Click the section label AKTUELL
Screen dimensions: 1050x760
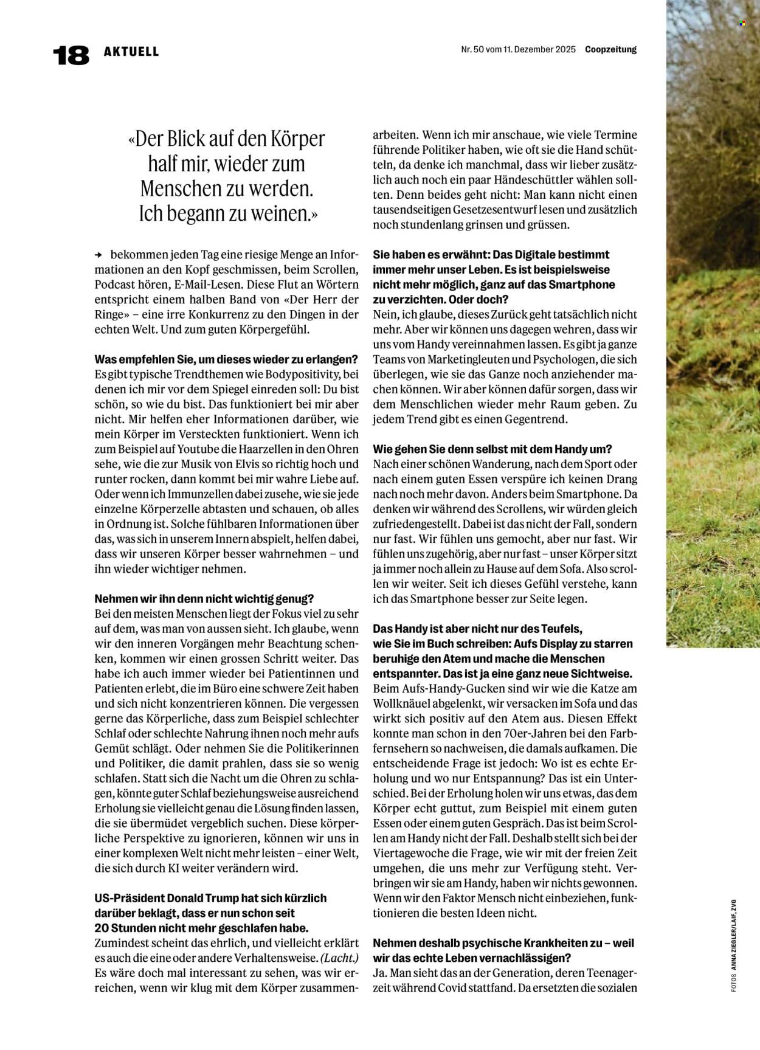(x=131, y=52)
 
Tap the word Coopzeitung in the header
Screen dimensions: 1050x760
(x=610, y=50)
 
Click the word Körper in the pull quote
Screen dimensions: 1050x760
(x=294, y=139)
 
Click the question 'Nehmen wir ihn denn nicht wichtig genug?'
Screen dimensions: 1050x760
(x=204, y=599)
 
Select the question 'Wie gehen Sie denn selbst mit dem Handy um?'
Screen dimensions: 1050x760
(x=492, y=449)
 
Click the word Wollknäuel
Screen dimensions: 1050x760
(x=403, y=703)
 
